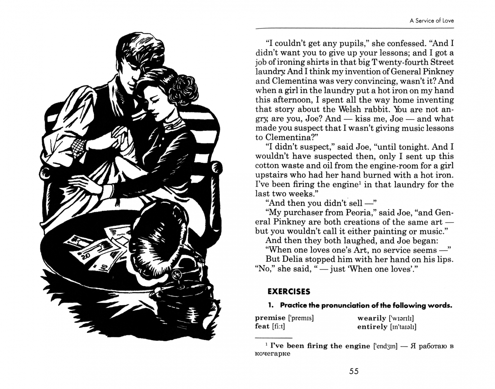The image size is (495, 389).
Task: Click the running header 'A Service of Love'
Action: click(431, 21)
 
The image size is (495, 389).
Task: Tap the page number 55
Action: click(354, 371)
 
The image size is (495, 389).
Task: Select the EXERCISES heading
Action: click(289, 291)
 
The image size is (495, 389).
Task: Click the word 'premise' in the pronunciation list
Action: click(270, 318)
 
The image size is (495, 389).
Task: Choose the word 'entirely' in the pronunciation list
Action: click(372, 327)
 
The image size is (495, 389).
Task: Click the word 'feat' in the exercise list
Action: click(262, 326)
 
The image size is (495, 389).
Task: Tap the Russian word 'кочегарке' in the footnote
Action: click(272, 353)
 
